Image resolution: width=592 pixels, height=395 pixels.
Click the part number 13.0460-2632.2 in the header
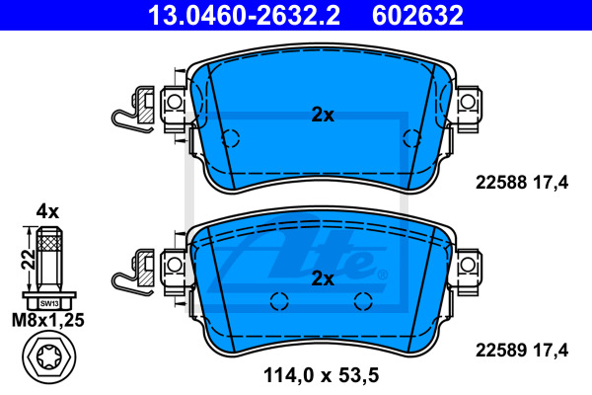point(244,16)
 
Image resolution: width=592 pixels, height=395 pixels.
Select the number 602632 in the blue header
point(417,16)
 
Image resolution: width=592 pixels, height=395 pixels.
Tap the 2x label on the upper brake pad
point(323,115)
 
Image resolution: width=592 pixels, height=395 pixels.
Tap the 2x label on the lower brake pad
point(323,278)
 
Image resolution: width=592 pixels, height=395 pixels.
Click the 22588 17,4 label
point(522,183)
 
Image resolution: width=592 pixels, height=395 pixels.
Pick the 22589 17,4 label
point(522,350)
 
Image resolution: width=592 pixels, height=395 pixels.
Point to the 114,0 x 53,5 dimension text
point(321,375)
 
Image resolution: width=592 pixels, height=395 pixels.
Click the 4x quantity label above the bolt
point(47,211)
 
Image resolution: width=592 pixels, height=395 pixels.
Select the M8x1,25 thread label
point(48,320)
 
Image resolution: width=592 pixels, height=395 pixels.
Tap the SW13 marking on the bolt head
point(49,303)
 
